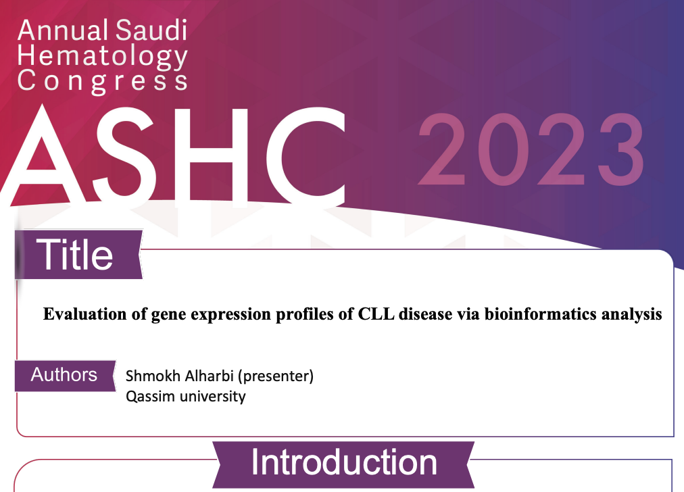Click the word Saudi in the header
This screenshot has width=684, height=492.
pos(152,30)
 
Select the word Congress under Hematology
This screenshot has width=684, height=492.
pos(103,82)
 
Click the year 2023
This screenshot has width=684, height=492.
pos(531,149)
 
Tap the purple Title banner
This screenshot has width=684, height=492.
pos(78,254)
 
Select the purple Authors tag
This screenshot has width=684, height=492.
pos(66,376)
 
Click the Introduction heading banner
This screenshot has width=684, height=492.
pos(343,464)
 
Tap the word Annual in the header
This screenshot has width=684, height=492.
pos(64,30)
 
